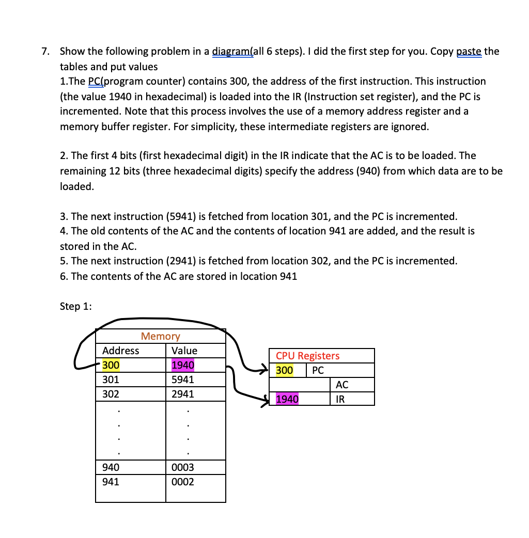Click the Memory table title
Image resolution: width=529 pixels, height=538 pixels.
tap(160, 336)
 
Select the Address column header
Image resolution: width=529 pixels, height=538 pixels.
tap(120, 351)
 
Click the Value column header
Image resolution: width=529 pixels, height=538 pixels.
tap(184, 351)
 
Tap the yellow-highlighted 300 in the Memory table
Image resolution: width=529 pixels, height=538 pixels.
tap(111, 365)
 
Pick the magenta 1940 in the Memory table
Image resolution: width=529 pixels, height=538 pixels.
tap(182, 365)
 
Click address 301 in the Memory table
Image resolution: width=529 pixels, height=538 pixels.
tap(111, 379)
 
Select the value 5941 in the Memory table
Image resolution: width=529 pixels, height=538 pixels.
tap(182, 379)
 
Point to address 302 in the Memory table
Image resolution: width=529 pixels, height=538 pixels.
tap(111, 394)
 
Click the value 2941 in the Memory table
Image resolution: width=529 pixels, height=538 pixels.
tap(182, 394)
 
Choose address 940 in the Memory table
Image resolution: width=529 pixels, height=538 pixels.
tap(111, 467)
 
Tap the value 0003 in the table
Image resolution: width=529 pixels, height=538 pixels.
tap(182, 467)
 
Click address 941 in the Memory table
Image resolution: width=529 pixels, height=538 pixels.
tap(111, 482)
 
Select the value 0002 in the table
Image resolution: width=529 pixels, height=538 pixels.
tap(182, 482)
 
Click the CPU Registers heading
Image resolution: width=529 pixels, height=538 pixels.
tap(307, 356)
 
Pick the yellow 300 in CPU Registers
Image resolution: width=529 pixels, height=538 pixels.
tap(284, 370)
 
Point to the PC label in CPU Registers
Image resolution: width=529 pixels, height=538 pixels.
tap(318, 370)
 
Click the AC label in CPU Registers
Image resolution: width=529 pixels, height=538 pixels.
tap(341, 385)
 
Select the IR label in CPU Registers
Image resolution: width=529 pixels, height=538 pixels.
tap(340, 399)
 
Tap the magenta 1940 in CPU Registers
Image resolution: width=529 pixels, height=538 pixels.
tap(287, 399)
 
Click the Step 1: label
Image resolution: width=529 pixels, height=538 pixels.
tap(76, 306)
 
